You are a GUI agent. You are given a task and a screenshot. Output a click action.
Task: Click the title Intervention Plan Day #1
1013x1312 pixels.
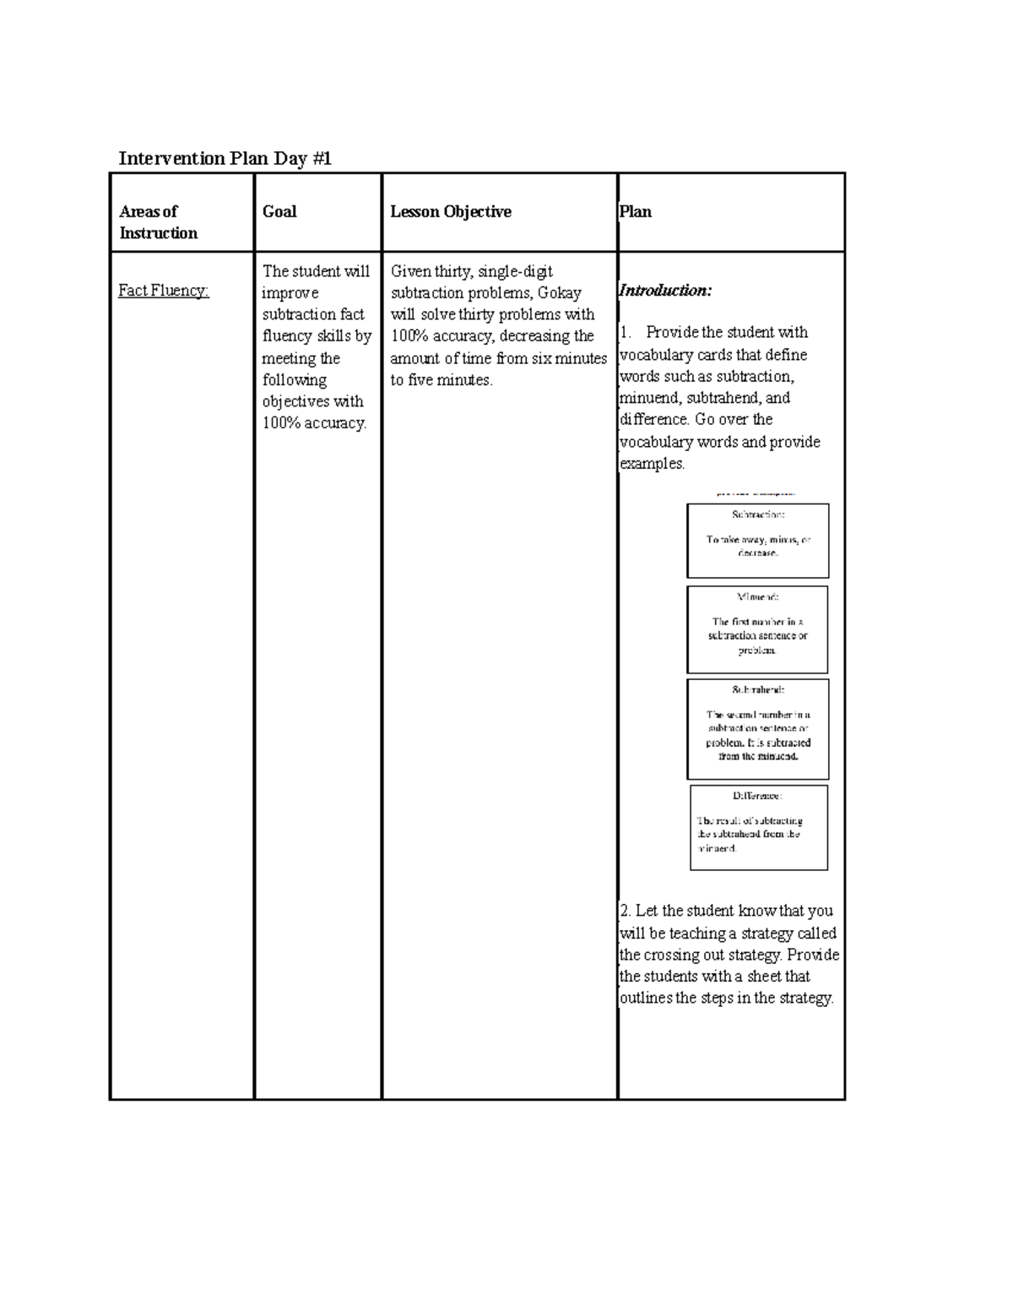point(225,159)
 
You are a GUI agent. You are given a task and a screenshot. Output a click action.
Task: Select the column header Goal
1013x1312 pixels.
point(279,211)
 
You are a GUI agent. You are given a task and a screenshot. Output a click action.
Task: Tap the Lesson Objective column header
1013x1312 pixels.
point(450,211)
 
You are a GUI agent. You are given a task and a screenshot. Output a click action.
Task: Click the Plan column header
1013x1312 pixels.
point(635,211)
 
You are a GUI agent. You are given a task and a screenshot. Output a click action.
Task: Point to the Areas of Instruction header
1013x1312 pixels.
point(158,222)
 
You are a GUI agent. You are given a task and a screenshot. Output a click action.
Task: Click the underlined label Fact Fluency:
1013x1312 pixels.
point(163,291)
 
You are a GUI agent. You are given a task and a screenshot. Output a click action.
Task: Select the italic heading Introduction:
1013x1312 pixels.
point(665,291)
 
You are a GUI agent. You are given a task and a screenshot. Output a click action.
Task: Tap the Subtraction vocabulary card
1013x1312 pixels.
point(757,541)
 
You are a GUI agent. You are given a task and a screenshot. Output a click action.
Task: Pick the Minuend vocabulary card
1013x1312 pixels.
point(757,629)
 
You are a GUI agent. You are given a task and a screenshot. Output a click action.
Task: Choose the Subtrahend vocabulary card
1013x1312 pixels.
point(757,729)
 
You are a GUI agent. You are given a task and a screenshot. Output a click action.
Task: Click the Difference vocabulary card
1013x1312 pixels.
point(758,828)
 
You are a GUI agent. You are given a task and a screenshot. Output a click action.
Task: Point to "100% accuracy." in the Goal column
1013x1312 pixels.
point(314,423)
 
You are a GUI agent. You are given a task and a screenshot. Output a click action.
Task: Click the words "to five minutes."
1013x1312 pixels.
point(441,380)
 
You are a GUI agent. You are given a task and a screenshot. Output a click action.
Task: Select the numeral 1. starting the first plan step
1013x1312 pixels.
point(626,332)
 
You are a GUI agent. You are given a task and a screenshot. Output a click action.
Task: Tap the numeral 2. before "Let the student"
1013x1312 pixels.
point(625,911)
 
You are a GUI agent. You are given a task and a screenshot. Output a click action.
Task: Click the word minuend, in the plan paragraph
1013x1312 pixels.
point(649,398)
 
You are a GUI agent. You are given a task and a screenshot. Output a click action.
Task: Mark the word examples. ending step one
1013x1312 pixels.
point(652,464)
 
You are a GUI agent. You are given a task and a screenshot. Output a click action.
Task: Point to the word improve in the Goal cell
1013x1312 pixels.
point(290,293)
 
